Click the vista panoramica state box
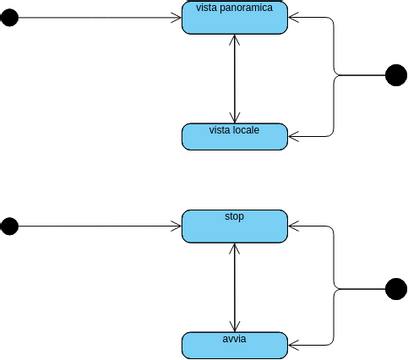[235, 22]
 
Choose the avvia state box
[235, 346]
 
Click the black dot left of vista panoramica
[9, 18]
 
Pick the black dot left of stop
[9, 226]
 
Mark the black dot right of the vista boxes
[396, 75]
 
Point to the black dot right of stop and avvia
[396, 290]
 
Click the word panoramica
[252, 8]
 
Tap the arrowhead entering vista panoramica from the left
[177, 18]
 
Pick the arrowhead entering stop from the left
[177, 226]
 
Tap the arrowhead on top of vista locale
[235, 118]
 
